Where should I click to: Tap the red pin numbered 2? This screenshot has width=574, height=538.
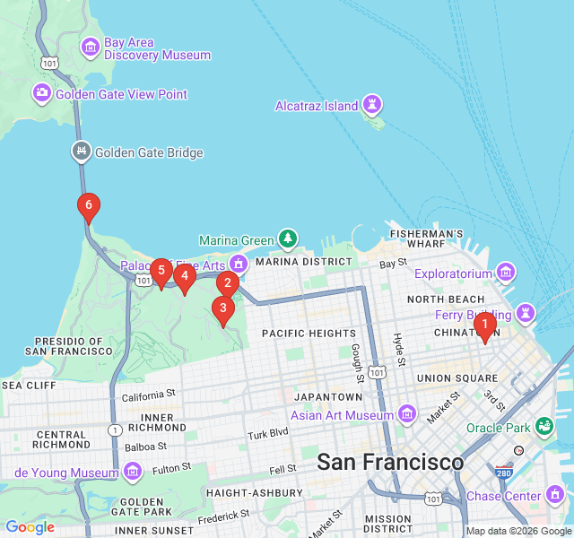click(x=227, y=284)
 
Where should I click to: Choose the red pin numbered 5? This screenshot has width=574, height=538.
click(x=161, y=271)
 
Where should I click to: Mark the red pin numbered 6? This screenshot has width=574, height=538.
click(x=88, y=206)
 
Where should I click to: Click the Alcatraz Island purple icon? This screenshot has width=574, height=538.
click(x=371, y=105)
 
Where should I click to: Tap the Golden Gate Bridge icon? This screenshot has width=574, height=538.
click(x=82, y=152)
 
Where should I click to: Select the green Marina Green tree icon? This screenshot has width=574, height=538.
click(x=287, y=239)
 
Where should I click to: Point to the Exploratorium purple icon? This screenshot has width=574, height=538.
click(x=506, y=272)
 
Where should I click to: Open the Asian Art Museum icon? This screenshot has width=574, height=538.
click(x=407, y=413)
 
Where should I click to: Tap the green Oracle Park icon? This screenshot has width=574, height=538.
click(x=544, y=427)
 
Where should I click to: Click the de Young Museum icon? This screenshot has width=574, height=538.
click(x=133, y=471)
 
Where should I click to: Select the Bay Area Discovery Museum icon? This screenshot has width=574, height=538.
click(x=91, y=47)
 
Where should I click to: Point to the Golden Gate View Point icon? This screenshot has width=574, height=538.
click(x=42, y=92)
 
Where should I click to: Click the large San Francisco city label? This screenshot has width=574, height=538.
click(x=390, y=463)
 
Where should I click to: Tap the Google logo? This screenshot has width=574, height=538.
click(x=30, y=527)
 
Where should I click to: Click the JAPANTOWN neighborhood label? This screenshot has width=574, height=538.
click(x=326, y=396)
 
